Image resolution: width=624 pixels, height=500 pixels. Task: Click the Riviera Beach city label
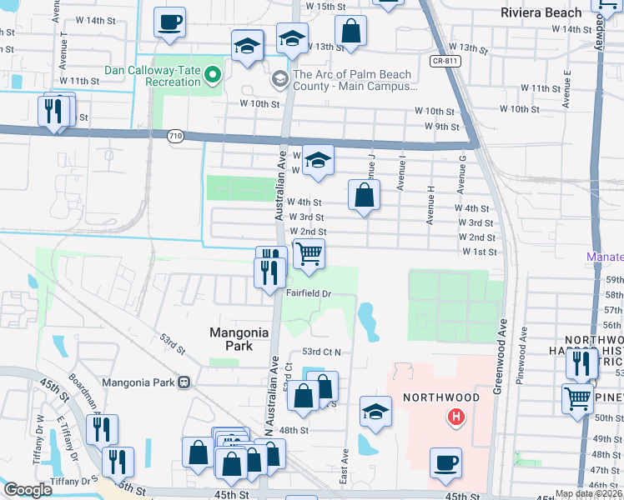coord(541,12)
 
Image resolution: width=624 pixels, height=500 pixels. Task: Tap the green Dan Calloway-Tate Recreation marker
coord(213,77)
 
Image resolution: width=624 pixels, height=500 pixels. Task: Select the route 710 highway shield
coord(175,135)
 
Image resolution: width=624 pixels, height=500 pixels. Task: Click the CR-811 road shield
coord(446,61)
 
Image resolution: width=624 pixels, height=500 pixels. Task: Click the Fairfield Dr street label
coord(309,293)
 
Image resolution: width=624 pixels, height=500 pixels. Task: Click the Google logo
coord(28,490)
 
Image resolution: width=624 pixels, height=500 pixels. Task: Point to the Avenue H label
coord(430,205)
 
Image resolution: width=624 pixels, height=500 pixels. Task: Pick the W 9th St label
coord(442,127)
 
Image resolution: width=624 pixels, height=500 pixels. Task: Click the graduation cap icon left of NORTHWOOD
coord(375,412)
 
